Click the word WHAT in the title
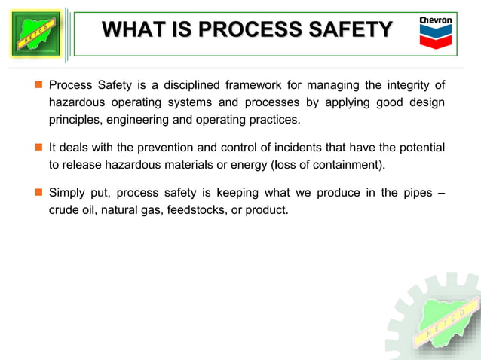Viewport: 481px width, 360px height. click(129, 30)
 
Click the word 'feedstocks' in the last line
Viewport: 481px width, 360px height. click(194, 211)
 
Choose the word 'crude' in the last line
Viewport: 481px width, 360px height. click(64, 211)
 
